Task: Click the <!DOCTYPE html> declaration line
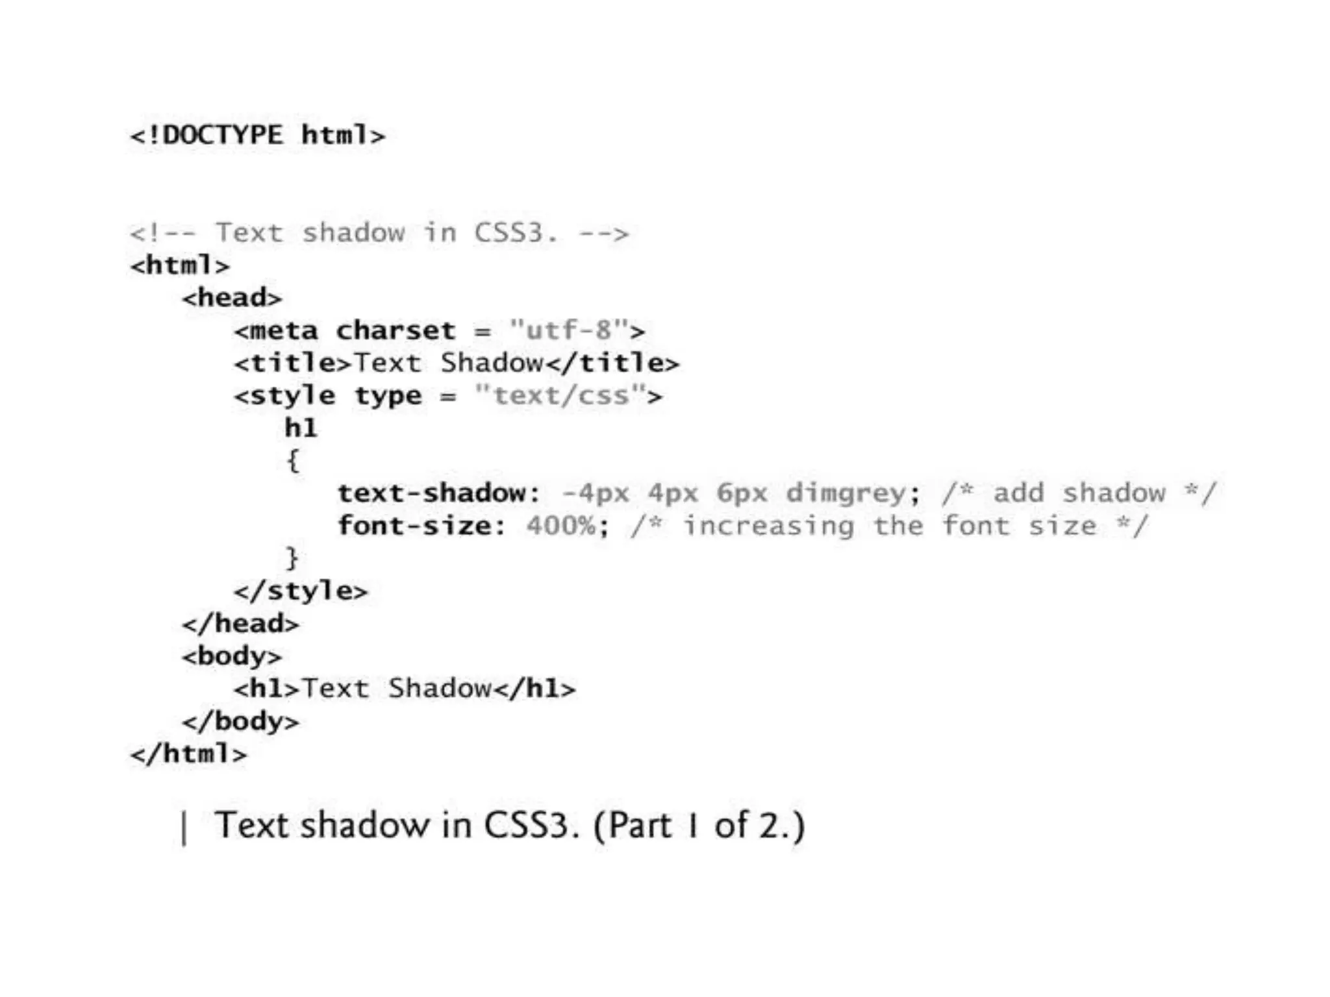[x=257, y=135]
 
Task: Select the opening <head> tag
[x=232, y=298]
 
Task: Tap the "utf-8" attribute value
[x=569, y=330]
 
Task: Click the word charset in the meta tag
[x=395, y=330]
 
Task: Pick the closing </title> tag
[x=612, y=363]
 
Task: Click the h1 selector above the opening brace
[x=301, y=428]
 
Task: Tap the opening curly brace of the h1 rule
[x=293, y=460]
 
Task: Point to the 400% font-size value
[x=561, y=525]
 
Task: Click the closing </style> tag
[x=301, y=591]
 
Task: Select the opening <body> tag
[x=232, y=656]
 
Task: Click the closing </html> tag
[x=188, y=754]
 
